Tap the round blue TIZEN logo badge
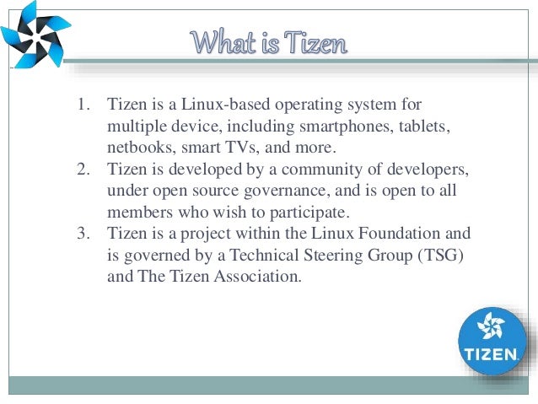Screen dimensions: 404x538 click(x=492, y=341)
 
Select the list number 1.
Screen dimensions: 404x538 click(x=83, y=105)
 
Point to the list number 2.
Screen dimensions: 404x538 click(x=83, y=170)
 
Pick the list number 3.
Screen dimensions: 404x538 click(x=83, y=233)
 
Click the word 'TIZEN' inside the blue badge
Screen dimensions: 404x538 click(x=492, y=354)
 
